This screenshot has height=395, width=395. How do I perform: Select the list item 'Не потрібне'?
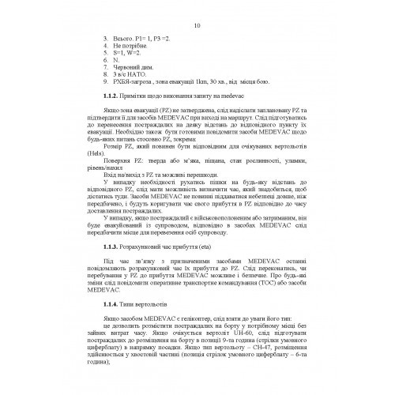(128, 47)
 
